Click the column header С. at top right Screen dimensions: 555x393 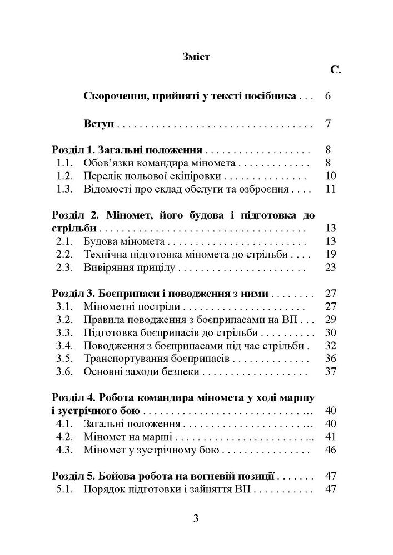tap(334, 70)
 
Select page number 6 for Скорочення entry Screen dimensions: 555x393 tap(327, 97)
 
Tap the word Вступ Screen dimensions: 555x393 tap(99, 123)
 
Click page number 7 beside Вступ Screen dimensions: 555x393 tap(328, 123)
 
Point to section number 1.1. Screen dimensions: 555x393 tap(66, 163)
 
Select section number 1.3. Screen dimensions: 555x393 tap(66, 190)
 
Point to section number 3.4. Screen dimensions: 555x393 tap(66, 346)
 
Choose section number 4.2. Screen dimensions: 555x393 tap(66, 436)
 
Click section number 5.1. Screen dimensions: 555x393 tap(66, 489)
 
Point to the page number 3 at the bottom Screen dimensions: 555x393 tap(196, 520)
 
